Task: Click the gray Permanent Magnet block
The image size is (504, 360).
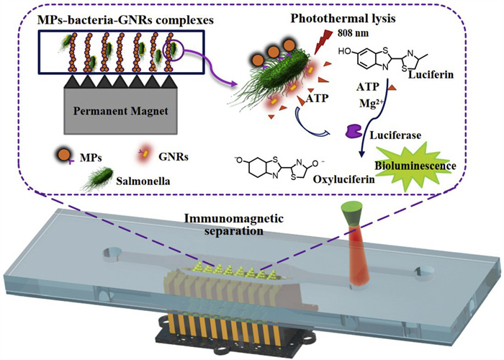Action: click(118, 114)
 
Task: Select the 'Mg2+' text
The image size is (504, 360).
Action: click(371, 102)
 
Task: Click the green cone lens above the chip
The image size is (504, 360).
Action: click(355, 212)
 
